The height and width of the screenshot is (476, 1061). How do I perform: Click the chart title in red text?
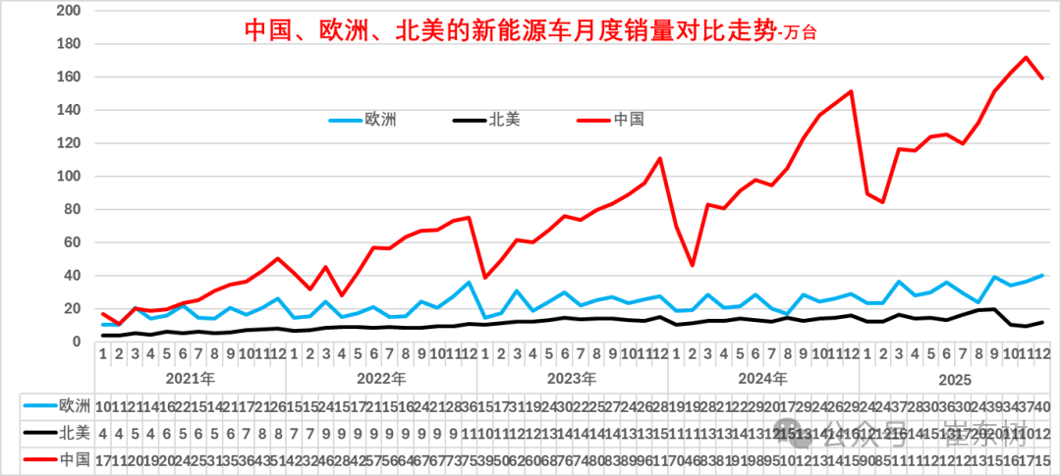[530, 30]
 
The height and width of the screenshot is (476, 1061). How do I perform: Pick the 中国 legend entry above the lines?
[628, 120]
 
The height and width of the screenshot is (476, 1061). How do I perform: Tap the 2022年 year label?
[381, 379]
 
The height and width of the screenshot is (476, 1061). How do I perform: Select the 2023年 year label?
[572, 379]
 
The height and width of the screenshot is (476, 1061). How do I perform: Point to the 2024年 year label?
[763, 379]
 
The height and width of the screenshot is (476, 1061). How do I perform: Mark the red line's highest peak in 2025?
[1027, 57]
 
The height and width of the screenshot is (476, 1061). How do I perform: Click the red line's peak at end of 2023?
[660, 158]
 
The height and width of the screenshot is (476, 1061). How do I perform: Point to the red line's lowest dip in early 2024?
[692, 265]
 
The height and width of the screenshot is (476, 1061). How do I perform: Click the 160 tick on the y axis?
[69, 77]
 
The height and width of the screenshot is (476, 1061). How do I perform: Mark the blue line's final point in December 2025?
[1042, 276]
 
